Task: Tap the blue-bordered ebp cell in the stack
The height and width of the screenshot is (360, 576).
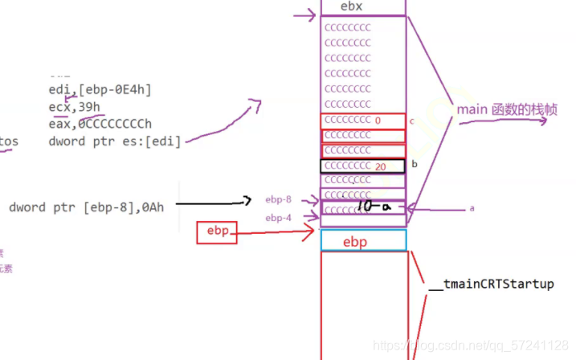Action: coord(363,241)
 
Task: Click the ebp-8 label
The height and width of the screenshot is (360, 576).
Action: coord(278,200)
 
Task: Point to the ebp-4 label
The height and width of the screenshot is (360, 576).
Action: coord(278,218)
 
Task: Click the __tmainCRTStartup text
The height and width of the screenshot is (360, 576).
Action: coord(491,284)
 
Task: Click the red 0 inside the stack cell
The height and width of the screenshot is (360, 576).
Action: coord(378,121)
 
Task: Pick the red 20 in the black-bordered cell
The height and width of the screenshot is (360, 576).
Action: coord(381,166)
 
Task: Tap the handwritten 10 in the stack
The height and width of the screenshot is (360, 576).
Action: coord(366,207)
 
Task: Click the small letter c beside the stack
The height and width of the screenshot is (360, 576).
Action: coord(411,121)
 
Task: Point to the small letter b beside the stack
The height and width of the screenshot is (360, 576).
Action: coord(413,164)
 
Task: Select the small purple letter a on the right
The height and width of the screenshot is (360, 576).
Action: coord(472,208)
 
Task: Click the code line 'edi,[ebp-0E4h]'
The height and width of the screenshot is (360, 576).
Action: coord(100,90)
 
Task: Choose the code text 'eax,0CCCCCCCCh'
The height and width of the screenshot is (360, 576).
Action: coord(100,124)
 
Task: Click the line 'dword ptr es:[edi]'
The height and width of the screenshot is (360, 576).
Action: coord(114,141)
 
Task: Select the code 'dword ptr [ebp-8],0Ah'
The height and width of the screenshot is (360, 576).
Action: coord(87,207)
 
